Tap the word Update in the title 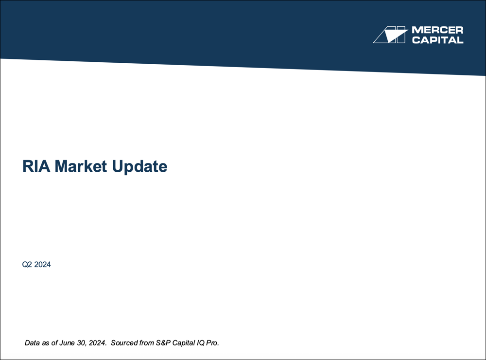140,167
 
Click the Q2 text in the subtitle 27,265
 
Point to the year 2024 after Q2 43,265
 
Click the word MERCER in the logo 437,31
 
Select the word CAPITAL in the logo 437,40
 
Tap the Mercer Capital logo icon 389,35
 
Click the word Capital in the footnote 185,343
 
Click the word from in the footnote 146,343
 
